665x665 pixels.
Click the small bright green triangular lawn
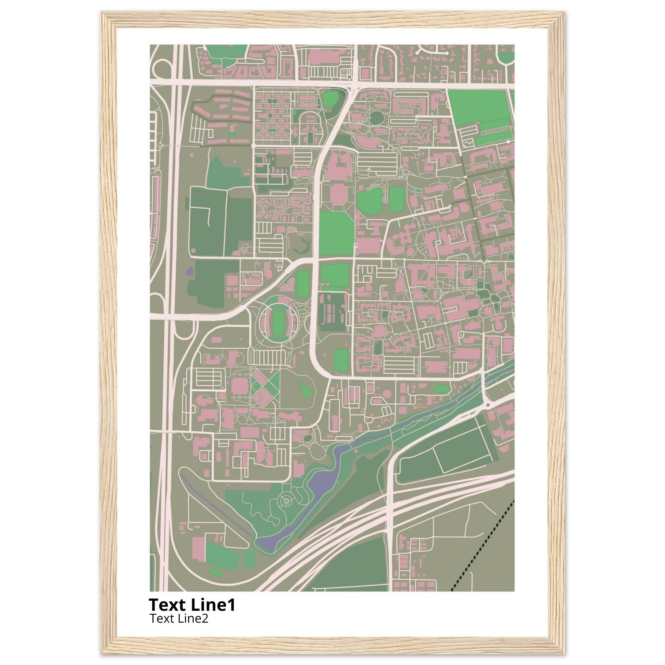point(306,390)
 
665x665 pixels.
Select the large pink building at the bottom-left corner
point(199,549)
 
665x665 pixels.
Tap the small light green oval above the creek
point(442,389)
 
